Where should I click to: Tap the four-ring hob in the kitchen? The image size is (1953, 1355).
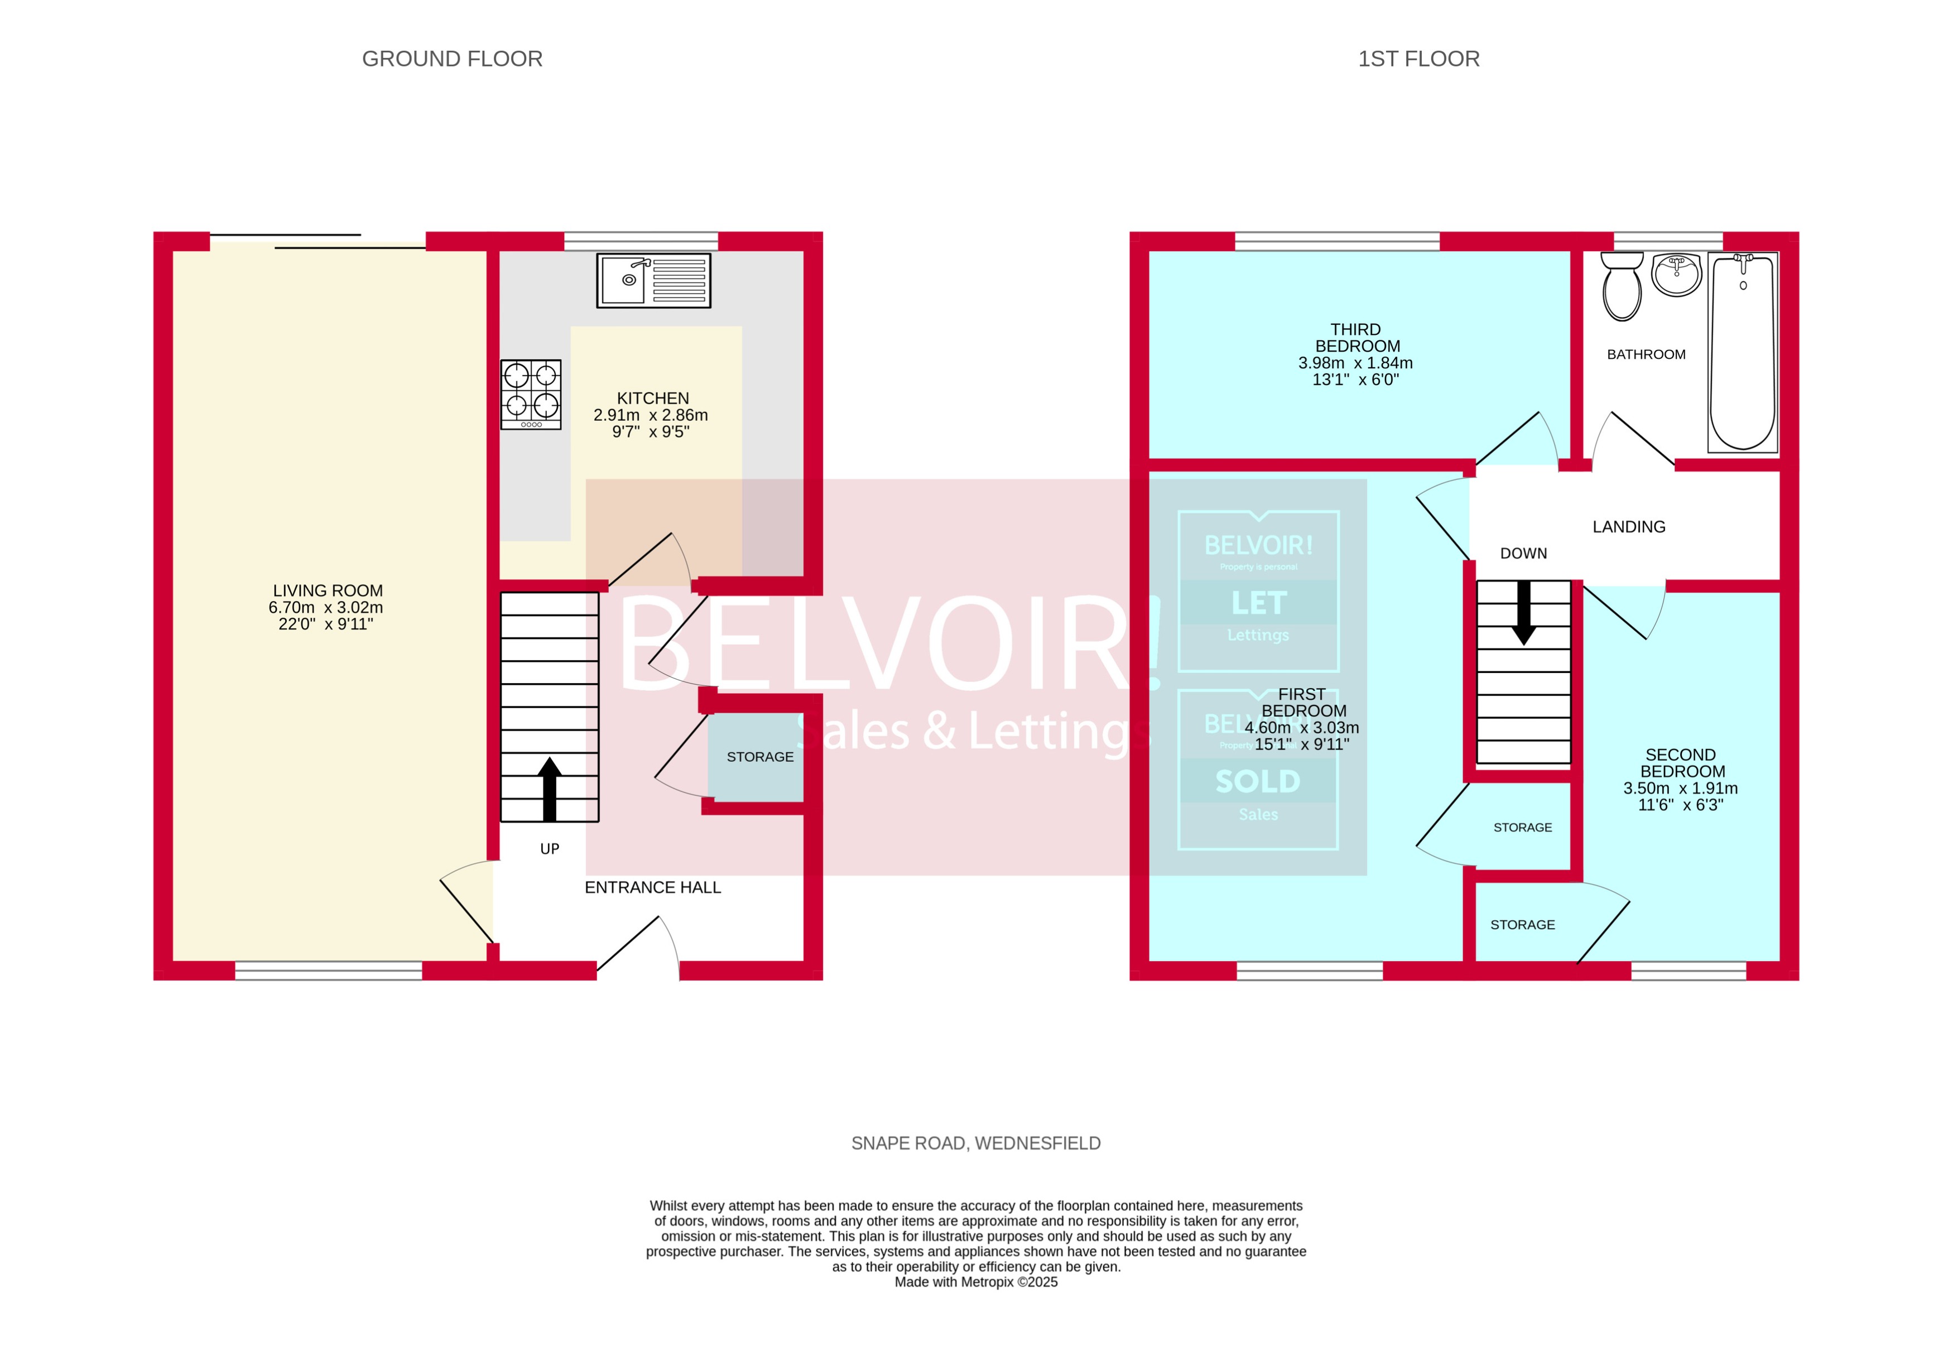pyautogui.click(x=531, y=394)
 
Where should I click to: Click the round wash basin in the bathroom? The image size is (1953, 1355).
pyautogui.click(x=1676, y=274)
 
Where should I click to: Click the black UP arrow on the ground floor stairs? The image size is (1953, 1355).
pyautogui.click(x=549, y=789)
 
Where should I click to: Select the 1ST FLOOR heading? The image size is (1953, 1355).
pyautogui.click(x=1418, y=59)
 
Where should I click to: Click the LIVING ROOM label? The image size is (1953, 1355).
pyautogui.click(x=328, y=590)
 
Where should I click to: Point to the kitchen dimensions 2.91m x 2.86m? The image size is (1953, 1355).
pyautogui.click(x=650, y=415)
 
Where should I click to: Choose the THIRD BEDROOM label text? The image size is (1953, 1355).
pyautogui.click(x=1356, y=337)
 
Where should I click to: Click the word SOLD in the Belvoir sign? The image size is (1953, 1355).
pyautogui.click(x=1257, y=781)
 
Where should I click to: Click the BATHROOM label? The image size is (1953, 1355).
pyautogui.click(x=1645, y=354)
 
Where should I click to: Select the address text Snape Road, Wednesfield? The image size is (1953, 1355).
pyautogui.click(x=975, y=1143)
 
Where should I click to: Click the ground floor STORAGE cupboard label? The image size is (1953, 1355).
pyautogui.click(x=759, y=756)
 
